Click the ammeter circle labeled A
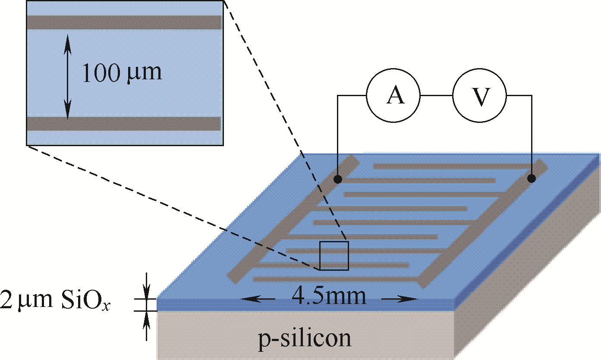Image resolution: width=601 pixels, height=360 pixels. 393,95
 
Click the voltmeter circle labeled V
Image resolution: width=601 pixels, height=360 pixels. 479,95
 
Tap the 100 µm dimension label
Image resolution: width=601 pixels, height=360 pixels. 122,72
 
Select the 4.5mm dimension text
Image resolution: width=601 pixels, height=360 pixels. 329,297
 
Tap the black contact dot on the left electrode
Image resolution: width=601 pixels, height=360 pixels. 338,178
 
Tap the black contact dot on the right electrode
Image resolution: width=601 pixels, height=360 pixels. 532,178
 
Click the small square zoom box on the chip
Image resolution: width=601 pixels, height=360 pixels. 334,256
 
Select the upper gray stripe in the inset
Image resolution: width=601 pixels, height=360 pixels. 124,22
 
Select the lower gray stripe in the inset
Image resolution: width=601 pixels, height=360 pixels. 124,123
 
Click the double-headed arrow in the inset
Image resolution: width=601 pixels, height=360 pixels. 67,76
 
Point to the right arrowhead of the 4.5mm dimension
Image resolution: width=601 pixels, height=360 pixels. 412,299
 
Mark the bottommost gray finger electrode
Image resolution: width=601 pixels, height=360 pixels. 337,279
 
